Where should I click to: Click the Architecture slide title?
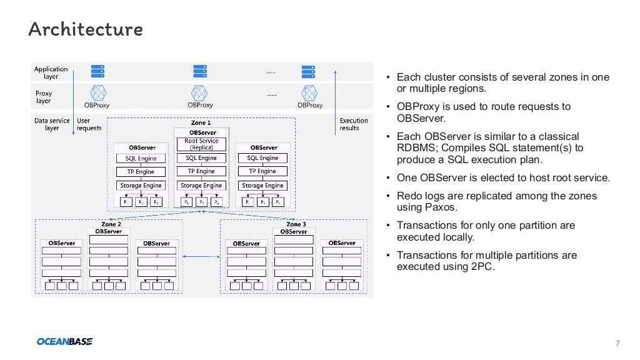[86, 29]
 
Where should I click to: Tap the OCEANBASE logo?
[64, 341]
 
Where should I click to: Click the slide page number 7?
[617, 343]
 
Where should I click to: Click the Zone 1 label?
[201, 123]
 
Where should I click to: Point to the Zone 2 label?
[111, 224]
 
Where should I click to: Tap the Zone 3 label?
[296, 224]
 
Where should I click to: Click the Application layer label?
[51, 73]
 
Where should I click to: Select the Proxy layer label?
[44, 97]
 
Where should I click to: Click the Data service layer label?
[52, 124]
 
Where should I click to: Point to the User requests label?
[89, 124]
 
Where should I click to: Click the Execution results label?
[354, 124]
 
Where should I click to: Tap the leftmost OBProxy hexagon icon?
[98, 92]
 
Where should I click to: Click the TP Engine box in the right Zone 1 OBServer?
[262, 171]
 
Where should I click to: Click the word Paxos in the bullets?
[443, 207]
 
